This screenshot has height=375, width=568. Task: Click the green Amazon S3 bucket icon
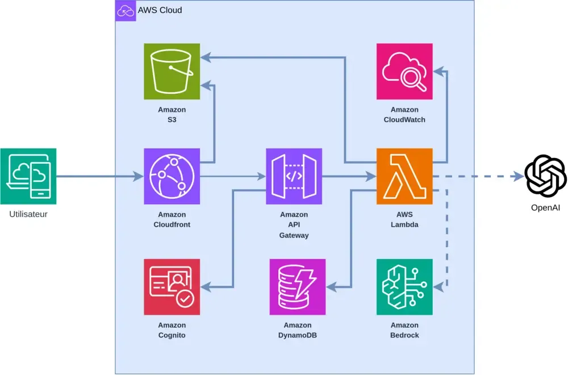[x=172, y=72]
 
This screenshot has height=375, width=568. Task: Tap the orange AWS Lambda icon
[x=404, y=176]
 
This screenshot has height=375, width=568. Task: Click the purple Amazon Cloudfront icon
[x=172, y=176]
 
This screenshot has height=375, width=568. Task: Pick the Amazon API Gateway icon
[x=294, y=176]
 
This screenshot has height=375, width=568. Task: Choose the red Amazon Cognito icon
[x=172, y=286]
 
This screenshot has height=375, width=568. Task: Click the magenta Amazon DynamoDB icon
[x=298, y=286]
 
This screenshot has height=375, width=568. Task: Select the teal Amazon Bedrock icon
[x=404, y=286]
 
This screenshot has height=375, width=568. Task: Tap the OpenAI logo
[x=545, y=176]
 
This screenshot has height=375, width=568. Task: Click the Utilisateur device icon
[x=28, y=176]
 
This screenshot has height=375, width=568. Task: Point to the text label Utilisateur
[x=28, y=214]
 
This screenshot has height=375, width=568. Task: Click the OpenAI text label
[x=545, y=207]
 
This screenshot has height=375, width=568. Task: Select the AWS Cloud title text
[x=160, y=10]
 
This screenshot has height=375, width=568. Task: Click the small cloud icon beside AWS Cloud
[x=126, y=10]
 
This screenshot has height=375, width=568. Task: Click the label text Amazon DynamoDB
[x=298, y=330]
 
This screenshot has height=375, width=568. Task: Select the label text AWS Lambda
[x=404, y=219]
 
